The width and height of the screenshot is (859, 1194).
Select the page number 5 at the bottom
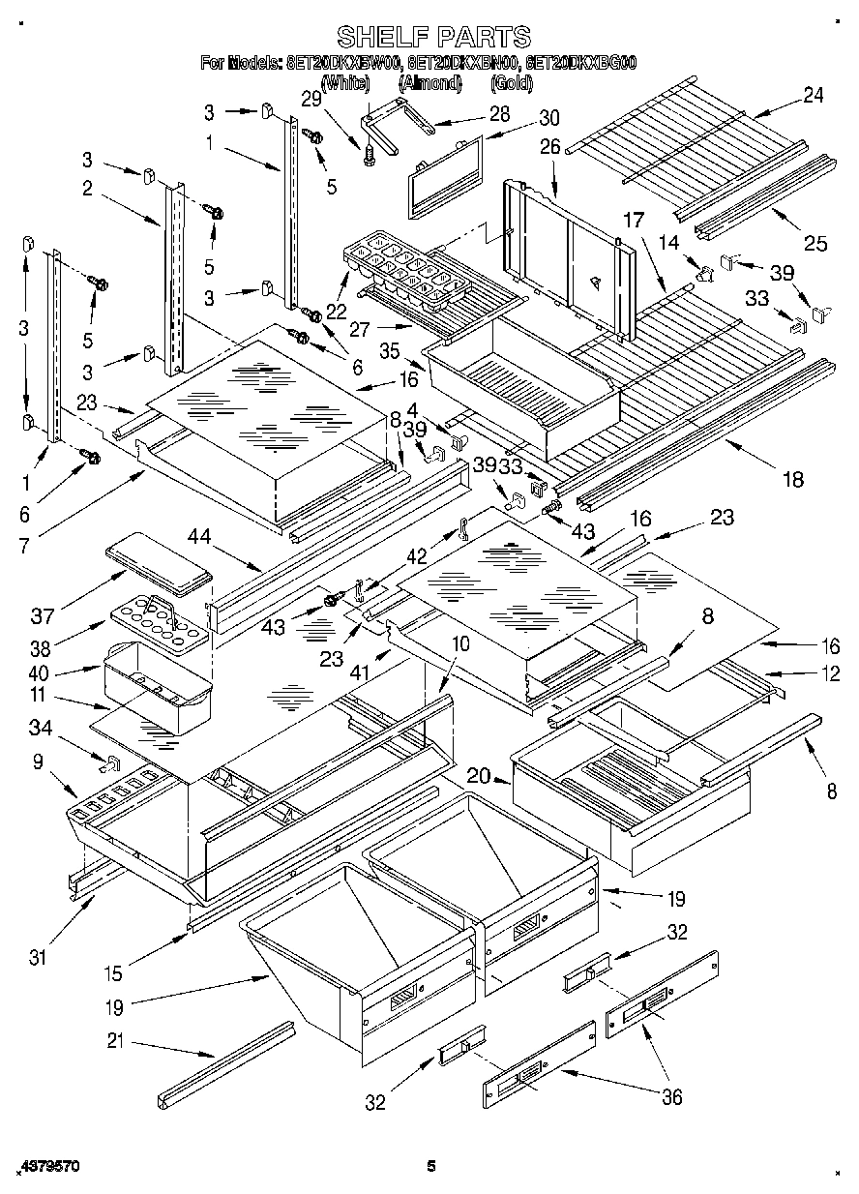pos(431,1166)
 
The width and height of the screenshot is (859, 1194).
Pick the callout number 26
pos(549,148)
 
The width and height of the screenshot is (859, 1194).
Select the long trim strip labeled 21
pos(227,1064)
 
